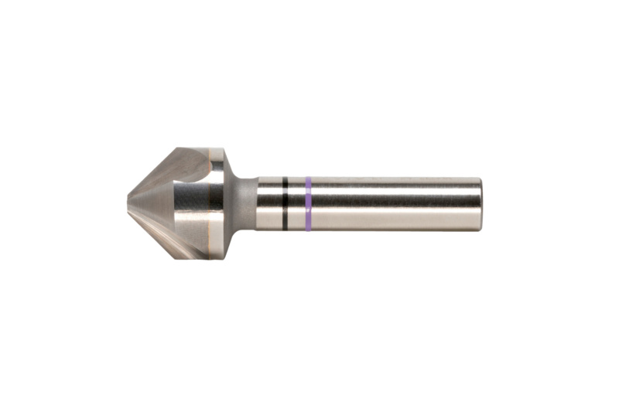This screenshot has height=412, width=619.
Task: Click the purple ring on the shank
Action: click(x=308, y=204)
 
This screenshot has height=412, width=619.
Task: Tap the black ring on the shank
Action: click(x=285, y=204)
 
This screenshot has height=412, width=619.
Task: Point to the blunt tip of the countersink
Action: click(x=128, y=203)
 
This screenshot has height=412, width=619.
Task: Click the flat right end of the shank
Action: click(x=480, y=204)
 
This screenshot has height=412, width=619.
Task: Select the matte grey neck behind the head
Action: click(x=245, y=204)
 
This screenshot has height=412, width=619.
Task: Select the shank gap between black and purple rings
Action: click(x=296, y=204)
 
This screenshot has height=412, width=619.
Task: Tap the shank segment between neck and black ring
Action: click(x=269, y=204)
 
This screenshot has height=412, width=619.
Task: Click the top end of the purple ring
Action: click(x=308, y=180)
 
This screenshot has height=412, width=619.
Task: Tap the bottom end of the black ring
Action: click(x=285, y=228)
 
